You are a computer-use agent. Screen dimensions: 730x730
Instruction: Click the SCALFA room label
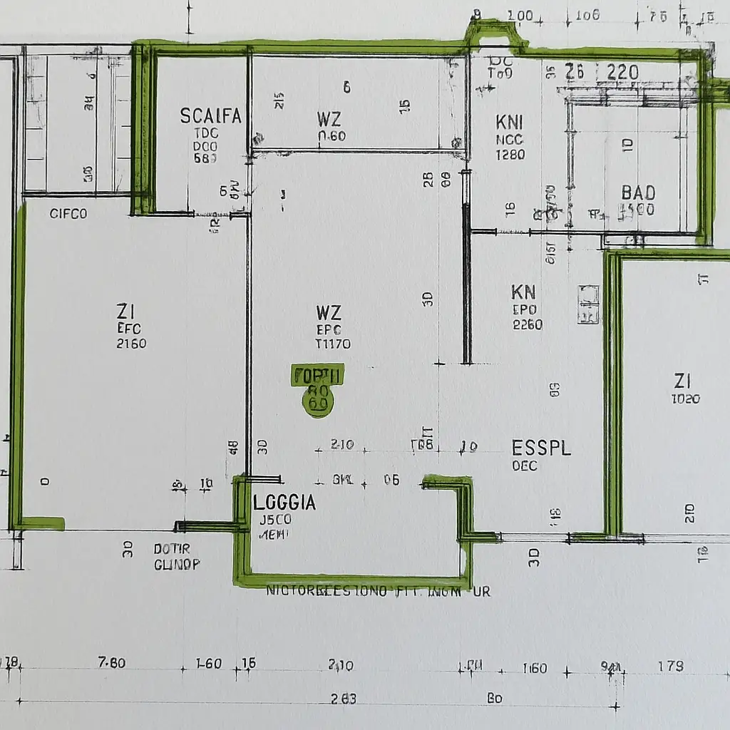coord(210,115)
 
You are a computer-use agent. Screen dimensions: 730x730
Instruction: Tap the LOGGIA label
coord(284,503)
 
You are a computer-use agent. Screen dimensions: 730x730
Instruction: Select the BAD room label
coord(638,192)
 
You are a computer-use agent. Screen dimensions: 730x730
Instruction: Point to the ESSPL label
coord(542,448)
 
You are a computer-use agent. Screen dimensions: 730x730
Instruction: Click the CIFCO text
coord(68,213)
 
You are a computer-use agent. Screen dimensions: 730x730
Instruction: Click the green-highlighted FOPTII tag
coord(318,375)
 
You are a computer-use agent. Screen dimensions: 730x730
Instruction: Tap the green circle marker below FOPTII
coord(317,402)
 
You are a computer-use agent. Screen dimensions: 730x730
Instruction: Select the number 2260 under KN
coord(527,325)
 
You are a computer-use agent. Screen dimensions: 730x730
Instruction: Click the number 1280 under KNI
coord(510,155)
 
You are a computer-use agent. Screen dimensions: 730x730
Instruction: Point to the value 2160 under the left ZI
coord(131,344)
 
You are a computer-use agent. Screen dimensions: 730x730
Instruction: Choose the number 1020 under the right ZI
coord(685,399)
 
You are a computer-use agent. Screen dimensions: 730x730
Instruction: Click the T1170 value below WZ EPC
coord(332,344)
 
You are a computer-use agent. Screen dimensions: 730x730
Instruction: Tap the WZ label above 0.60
coord(329,118)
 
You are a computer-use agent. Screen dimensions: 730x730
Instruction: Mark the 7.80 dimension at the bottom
coord(111,663)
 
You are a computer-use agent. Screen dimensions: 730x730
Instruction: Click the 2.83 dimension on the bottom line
coord(344,699)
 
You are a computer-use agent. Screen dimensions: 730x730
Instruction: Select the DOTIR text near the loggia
coord(172,550)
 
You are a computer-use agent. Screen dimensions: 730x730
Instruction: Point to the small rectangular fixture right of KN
coord(589,304)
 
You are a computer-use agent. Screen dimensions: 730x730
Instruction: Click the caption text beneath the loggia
coord(378,592)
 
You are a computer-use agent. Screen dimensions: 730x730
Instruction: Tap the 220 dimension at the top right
coord(622,72)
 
